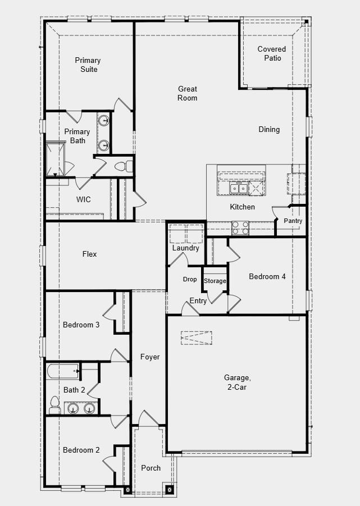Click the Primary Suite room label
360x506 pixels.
point(88,65)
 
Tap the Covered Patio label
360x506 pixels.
point(272,53)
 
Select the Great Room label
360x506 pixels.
point(188,93)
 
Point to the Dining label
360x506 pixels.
point(269,129)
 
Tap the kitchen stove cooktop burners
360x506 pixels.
point(241,227)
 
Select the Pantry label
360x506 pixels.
point(293,221)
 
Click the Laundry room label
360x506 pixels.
point(185,248)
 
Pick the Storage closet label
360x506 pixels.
point(215,281)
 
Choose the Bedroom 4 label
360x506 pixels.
point(267,276)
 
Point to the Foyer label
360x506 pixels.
point(150,357)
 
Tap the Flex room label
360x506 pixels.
point(89,254)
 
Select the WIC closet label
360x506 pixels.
point(83,199)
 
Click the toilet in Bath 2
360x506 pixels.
point(54,402)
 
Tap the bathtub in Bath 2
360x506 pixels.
point(63,371)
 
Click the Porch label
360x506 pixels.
point(151,467)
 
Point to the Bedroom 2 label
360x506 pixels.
point(81,450)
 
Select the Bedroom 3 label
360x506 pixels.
point(81,325)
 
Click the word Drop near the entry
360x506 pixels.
point(190,279)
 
